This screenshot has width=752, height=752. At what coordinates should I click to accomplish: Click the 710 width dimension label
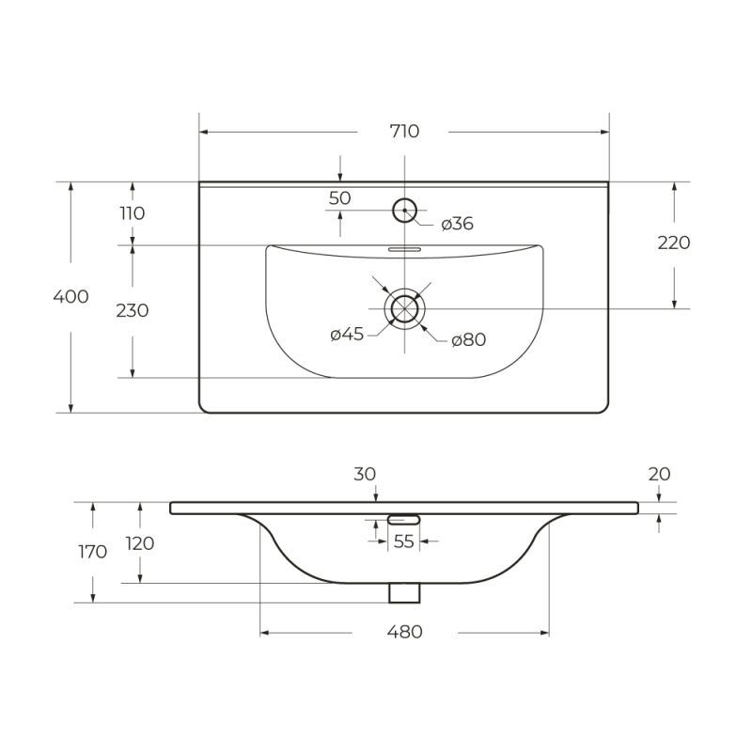pos(404,132)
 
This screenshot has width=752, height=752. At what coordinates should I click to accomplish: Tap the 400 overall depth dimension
pos(71,296)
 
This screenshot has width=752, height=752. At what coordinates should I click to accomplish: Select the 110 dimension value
pos(133,213)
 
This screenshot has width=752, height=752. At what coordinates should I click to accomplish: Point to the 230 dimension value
pos(133,310)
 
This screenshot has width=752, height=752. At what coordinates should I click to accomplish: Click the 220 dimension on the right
pos(673,243)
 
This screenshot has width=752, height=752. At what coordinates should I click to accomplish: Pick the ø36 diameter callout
pos(457,224)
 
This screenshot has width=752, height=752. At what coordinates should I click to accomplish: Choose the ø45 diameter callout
pos(347,335)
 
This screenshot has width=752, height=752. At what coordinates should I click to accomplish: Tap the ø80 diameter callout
pos(468,339)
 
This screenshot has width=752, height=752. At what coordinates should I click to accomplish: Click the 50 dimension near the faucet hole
pos(340,198)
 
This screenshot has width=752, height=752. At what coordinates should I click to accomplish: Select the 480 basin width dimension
pos(404,632)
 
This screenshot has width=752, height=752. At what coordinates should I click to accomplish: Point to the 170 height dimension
pos(92,552)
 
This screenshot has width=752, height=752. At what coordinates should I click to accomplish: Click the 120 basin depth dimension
pos(138,543)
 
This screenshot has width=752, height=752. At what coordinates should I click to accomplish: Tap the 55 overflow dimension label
pos(404,540)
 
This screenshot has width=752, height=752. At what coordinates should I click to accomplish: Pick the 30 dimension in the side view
pos(365,475)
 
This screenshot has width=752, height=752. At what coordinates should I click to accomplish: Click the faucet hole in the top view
pos(405,210)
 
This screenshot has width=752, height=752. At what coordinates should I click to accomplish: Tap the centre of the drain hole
pos(405,307)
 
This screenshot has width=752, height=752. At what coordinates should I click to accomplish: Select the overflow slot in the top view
pos(405,250)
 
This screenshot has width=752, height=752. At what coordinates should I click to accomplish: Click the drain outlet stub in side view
pos(405,592)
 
